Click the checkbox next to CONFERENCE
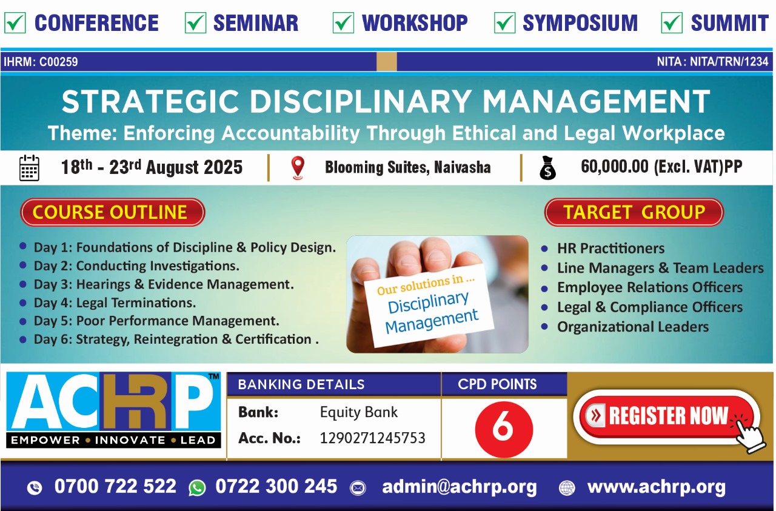[15, 23]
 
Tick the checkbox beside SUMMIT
[672, 23]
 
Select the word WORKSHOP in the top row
[415, 23]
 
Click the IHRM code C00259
[59, 62]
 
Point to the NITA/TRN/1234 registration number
[729, 62]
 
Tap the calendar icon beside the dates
[29, 168]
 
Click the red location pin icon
[298, 168]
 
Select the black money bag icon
[547, 168]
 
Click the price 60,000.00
[615, 167]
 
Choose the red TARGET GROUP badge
[634, 212]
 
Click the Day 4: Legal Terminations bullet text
[115, 303]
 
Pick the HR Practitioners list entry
[610, 249]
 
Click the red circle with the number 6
[504, 429]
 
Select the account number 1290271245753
[372, 438]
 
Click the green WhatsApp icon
[197, 488]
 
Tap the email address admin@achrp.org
[460, 487]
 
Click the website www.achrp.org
[657, 487]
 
